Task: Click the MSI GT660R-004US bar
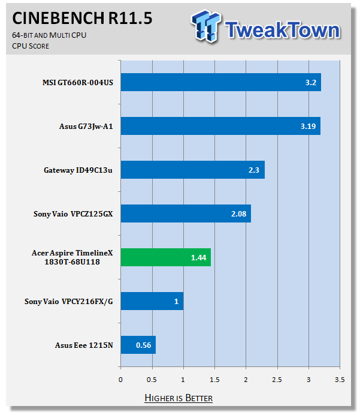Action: coord(220,82)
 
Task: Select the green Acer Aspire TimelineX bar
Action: coord(165,257)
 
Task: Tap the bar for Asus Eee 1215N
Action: coord(138,345)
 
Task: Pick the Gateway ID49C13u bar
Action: coord(192,170)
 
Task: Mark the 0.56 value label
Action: coord(143,345)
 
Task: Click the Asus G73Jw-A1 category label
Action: coord(86,126)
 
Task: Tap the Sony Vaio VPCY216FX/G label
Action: coord(68,301)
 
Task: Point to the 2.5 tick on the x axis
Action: coord(277,379)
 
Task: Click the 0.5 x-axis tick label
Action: coord(152,379)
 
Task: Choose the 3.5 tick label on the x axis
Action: coord(340,379)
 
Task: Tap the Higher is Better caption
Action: coord(179,398)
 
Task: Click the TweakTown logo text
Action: coord(283,29)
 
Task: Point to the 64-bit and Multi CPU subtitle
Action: coord(49,35)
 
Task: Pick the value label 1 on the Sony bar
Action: coord(176,301)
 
